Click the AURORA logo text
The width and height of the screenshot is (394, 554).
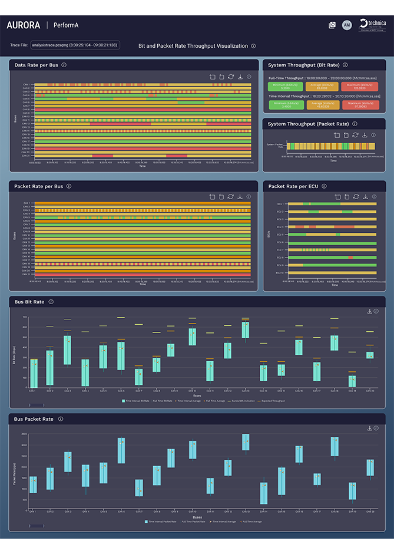coord(24,25)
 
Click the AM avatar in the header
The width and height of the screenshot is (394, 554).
coord(346,25)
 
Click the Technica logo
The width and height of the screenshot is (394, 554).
coord(372,25)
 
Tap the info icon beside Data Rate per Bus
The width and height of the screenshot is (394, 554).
coord(64,65)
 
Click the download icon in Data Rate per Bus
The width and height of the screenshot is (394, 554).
coord(240,77)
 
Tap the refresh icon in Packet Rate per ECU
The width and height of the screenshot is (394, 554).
coord(356,197)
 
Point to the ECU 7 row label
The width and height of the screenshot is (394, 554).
coord(280,250)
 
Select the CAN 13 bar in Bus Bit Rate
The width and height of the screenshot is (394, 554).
coord(246,329)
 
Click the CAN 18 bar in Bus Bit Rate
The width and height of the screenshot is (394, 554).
coord(352,381)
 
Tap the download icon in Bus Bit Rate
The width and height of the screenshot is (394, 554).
coord(369,311)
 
